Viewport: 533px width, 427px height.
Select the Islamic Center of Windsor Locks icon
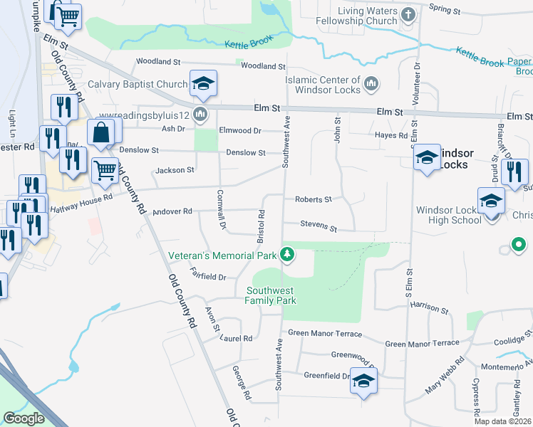coord(371,85)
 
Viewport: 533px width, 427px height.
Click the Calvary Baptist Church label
coord(138,85)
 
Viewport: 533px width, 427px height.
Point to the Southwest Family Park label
coord(271,295)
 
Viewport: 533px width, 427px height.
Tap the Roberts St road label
coord(314,200)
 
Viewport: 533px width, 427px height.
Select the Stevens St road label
coord(318,226)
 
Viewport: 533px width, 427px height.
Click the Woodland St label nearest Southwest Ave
coord(263,66)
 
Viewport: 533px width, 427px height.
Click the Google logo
coord(24,418)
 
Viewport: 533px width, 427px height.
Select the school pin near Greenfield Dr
coord(363,382)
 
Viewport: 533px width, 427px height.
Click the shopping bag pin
coord(101,133)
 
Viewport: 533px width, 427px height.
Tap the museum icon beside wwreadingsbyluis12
coord(201,115)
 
